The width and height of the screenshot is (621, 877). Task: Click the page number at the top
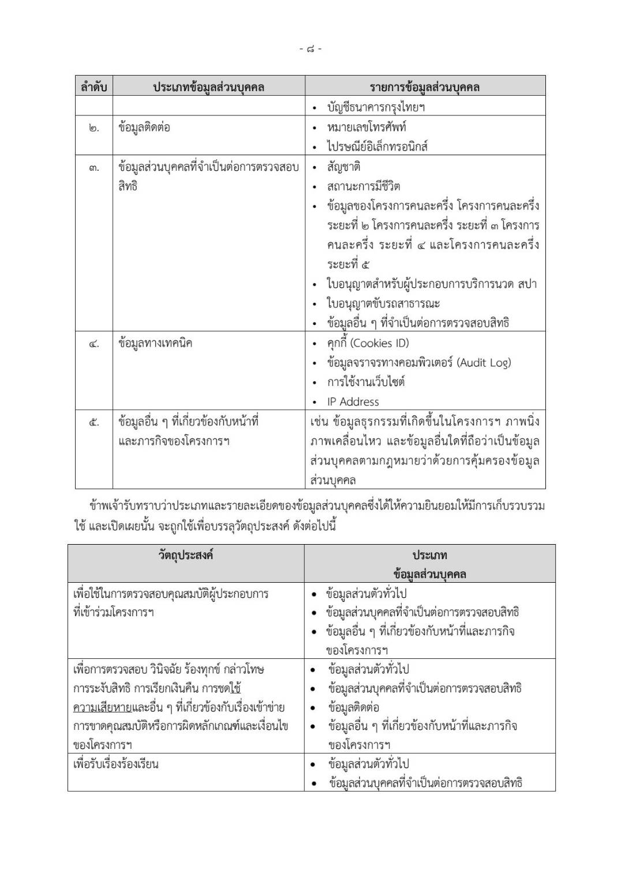pyautogui.click(x=311, y=49)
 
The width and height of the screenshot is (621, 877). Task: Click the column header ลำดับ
pyautogui.click(x=94, y=87)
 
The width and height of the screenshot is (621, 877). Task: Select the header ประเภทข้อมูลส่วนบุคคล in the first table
pyautogui.click(x=208, y=87)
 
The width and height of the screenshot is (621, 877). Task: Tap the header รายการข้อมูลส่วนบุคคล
pyautogui.click(x=425, y=87)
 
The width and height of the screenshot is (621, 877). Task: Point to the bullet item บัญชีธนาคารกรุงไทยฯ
pyautogui.click(x=376, y=107)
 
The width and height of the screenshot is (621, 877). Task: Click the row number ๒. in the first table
pyautogui.click(x=94, y=128)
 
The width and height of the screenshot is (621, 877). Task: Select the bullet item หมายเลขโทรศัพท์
pyautogui.click(x=366, y=127)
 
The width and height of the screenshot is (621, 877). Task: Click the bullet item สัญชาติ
pyautogui.click(x=343, y=167)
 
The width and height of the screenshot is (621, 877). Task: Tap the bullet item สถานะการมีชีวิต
pyautogui.click(x=364, y=186)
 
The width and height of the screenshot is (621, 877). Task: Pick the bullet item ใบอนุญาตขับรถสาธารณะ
pyautogui.click(x=384, y=303)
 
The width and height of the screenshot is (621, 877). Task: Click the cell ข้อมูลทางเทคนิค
pyautogui.click(x=155, y=343)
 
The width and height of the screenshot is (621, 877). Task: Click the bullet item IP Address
pyautogui.click(x=353, y=402)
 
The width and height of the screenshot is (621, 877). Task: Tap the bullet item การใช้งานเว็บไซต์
pyautogui.click(x=366, y=382)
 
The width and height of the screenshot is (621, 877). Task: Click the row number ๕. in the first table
pyautogui.click(x=94, y=422)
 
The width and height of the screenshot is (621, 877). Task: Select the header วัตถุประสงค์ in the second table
pyautogui.click(x=186, y=555)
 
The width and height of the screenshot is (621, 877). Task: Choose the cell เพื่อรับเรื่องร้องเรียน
pyautogui.click(x=116, y=764)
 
